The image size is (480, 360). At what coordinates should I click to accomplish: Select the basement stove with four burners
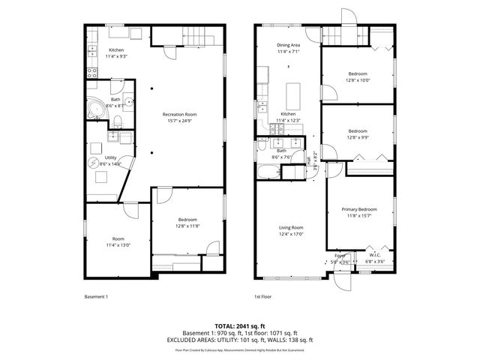[x=92, y=73]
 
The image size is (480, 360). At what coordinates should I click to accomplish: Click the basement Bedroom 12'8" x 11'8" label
[x=187, y=223]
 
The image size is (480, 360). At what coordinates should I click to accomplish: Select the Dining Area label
[x=288, y=48]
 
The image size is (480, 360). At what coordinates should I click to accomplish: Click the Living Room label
[x=291, y=230]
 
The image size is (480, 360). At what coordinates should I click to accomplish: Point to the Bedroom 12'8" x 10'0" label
[x=357, y=76]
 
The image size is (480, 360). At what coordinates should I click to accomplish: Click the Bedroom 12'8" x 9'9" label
[x=357, y=134]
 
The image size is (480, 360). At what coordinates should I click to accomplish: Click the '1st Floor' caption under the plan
[x=262, y=297]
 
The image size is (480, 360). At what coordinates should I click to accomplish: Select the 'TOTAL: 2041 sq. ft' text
[x=240, y=326]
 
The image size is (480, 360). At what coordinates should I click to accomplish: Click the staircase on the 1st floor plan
[x=352, y=35]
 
